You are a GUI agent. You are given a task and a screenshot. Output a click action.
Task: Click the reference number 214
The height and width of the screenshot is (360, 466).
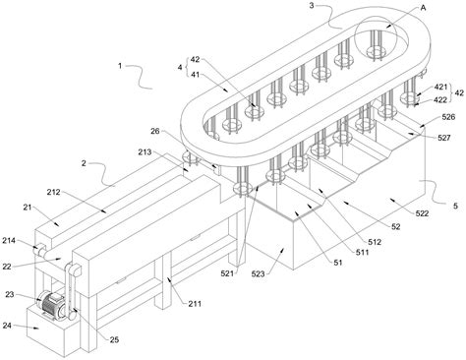click(9, 241)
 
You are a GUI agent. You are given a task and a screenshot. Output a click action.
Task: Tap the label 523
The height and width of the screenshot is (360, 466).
click(258, 273)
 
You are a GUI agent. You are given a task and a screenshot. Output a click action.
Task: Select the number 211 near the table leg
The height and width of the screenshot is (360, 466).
click(195, 304)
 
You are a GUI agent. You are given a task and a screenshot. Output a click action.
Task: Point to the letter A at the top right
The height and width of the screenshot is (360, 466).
click(423, 8)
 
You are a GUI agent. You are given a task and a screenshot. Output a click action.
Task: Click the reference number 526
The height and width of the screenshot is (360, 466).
click(448, 117)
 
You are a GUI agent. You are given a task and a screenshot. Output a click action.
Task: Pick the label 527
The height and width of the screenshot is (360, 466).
click(444, 138)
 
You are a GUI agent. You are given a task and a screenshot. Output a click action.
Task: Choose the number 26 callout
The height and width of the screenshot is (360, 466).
click(155, 131)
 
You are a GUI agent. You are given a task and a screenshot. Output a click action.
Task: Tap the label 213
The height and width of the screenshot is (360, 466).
click(145, 151)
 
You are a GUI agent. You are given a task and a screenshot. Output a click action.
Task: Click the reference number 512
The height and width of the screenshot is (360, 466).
click(375, 242)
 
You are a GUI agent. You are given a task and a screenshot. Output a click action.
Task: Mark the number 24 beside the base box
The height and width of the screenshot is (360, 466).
click(7, 326)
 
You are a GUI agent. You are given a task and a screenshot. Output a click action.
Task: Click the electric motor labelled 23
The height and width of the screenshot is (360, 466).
click(52, 305)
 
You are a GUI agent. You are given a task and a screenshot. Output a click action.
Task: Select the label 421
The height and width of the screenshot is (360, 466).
click(440, 87)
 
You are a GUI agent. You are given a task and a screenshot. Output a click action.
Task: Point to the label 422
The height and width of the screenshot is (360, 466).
click(440, 99)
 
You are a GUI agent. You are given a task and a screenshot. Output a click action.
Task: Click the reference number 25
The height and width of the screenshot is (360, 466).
click(114, 339)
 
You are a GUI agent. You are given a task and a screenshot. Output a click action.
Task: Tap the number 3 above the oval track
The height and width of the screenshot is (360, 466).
click(312, 6)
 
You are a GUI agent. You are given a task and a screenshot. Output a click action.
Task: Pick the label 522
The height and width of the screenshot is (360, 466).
click(422, 213)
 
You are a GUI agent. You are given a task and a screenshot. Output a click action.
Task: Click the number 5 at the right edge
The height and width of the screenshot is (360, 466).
click(455, 206)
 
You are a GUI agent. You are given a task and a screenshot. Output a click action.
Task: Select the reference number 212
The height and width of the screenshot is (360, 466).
click(53, 192)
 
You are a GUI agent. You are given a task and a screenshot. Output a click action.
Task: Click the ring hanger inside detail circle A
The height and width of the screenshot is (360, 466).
click(377, 51)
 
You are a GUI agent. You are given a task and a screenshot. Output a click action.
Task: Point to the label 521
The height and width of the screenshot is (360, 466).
click(227, 272)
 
